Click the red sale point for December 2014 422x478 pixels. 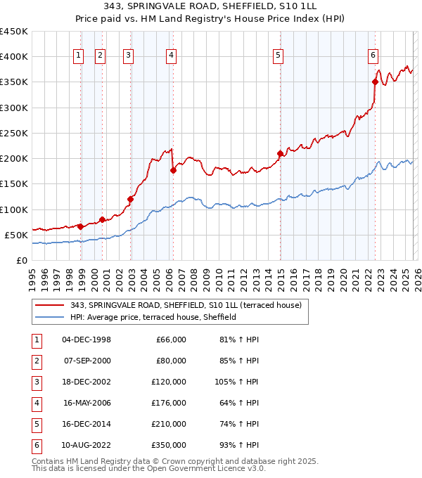click(280, 153)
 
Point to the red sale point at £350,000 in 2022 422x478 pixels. click(375, 82)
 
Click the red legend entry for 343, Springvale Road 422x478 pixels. click(186, 305)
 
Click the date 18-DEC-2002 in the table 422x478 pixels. click(87, 382)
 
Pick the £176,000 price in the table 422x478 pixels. click(170, 403)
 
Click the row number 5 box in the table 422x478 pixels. click(36, 424)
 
